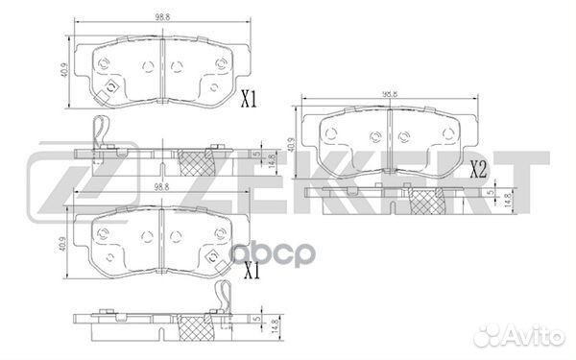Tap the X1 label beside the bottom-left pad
pos(252,272)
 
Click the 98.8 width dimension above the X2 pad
pos(389,94)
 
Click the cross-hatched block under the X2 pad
pos(428,203)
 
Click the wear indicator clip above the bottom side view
pos(219,300)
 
